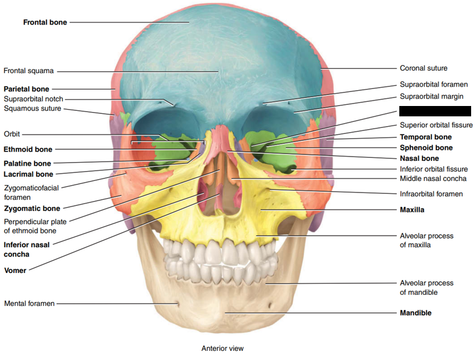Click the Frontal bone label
pos(45,23)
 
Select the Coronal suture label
pos(423,68)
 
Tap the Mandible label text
pos(415,313)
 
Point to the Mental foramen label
pos(29,303)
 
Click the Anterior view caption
pos(222,349)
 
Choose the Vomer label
pos(15,270)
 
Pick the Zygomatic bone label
pos(32,208)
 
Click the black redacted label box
pos(435,111)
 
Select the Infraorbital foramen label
pos(431,194)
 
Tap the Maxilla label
pos(411,210)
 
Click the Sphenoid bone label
pos(426,147)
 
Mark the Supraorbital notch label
pos(33,99)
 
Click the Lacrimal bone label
pos(28,174)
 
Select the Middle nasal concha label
pos(433,179)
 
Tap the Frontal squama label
pos(29,71)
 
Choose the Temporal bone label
pos(425,137)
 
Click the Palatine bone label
pos(27,163)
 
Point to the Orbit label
pos(12,134)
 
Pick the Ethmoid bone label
pos(28,149)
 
